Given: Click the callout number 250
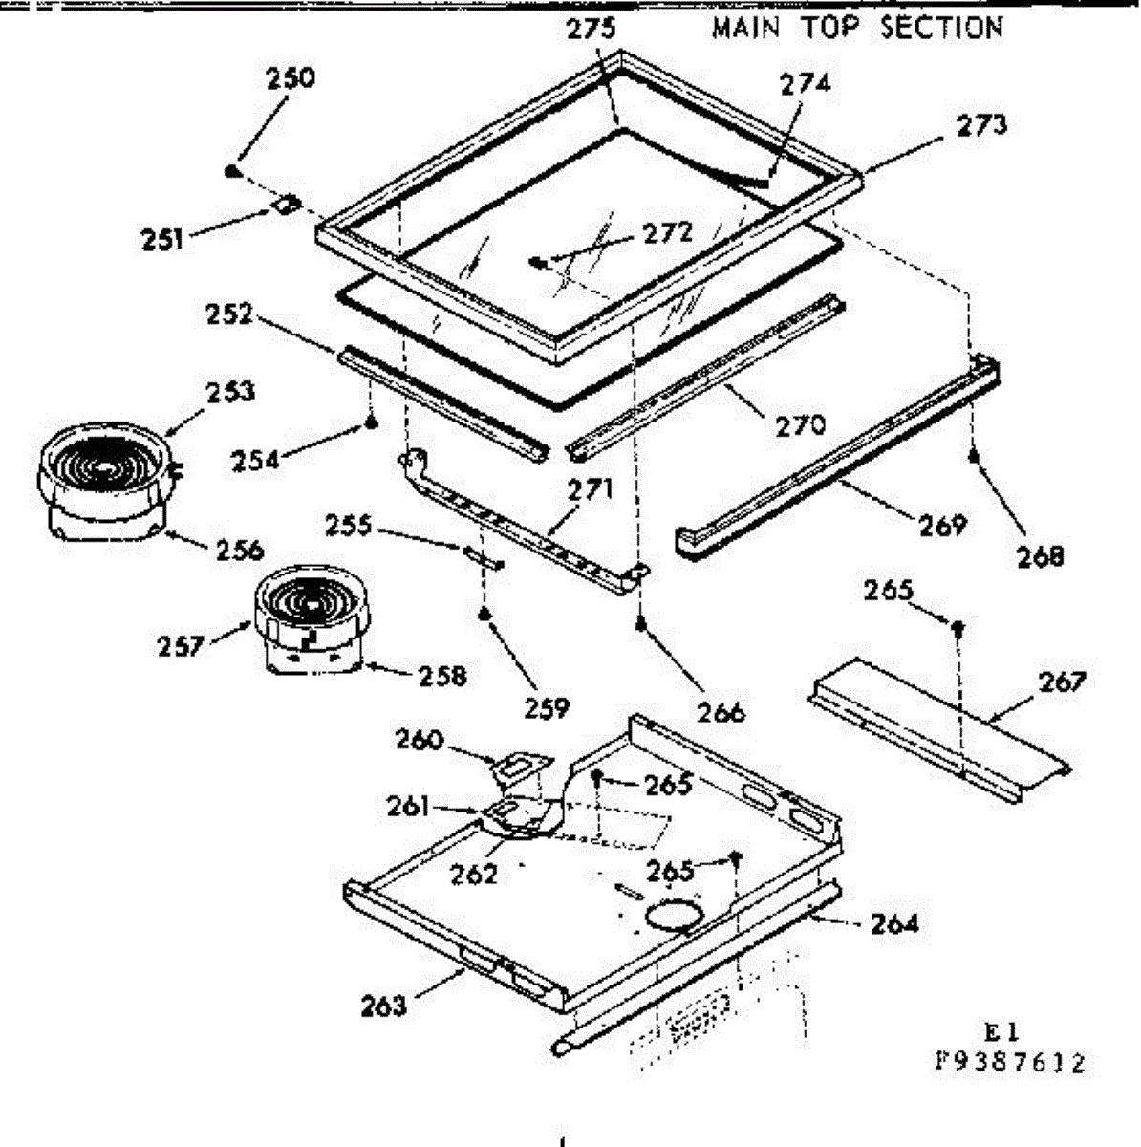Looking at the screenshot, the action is tap(291, 78).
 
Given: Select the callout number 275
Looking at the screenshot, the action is tap(591, 30).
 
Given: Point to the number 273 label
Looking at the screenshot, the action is tap(981, 125).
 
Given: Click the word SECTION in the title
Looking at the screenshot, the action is tap(941, 28).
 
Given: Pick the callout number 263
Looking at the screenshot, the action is tap(384, 1006).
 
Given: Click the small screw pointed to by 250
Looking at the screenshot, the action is tap(231, 171).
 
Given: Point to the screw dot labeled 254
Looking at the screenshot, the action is tap(372, 423).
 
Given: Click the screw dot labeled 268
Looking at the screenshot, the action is tap(974, 457).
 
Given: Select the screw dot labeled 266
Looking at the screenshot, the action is tap(641, 625).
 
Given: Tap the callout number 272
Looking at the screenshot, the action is tap(668, 232).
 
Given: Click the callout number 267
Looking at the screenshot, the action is tap(1063, 682).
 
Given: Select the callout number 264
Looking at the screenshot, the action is tap(894, 924).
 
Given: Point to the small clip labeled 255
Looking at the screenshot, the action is tap(484, 558).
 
